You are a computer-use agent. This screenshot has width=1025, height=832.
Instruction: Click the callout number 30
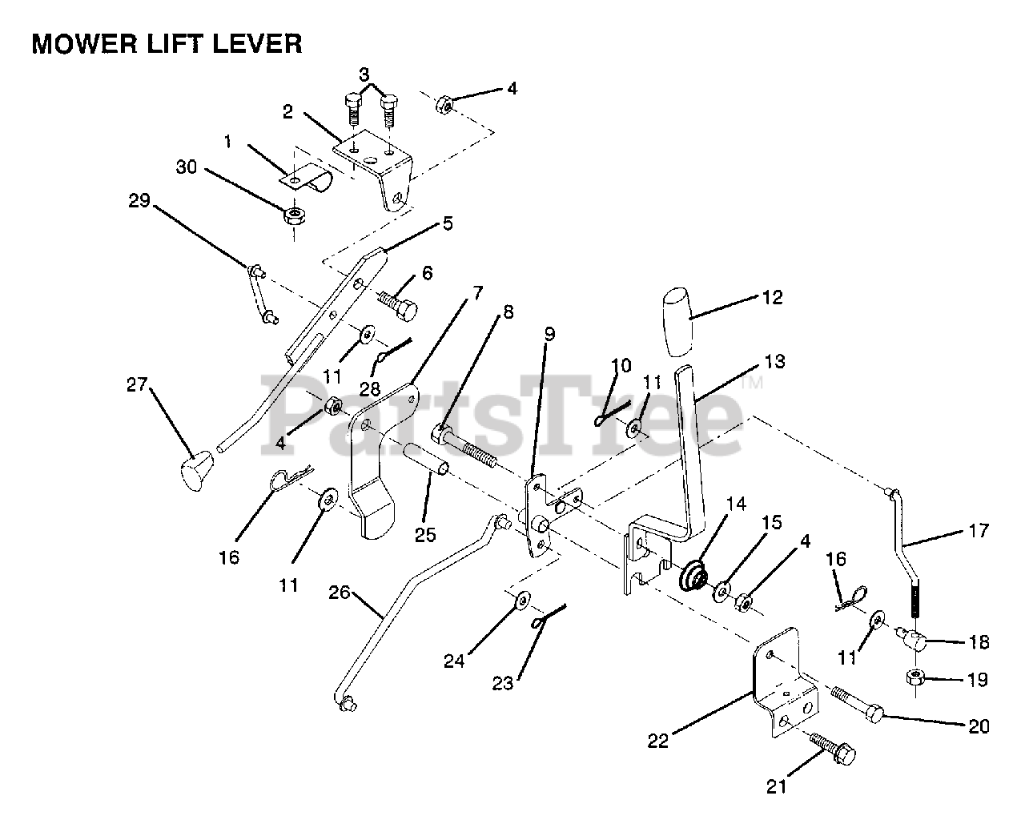(x=185, y=167)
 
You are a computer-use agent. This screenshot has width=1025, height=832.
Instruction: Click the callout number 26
(x=340, y=593)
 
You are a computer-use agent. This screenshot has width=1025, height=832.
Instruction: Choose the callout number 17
(x=979, y=530)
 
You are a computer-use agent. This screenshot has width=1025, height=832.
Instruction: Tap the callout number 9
(x=549, y=334)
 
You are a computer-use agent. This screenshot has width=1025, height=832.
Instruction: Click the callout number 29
(x=139, y=201)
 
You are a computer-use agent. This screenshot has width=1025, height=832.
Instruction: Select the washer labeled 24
(x=522, y=598)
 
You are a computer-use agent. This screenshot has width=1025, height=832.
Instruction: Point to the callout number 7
(x=477, y=292)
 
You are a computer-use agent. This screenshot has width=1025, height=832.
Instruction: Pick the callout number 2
(x=288, y=112)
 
